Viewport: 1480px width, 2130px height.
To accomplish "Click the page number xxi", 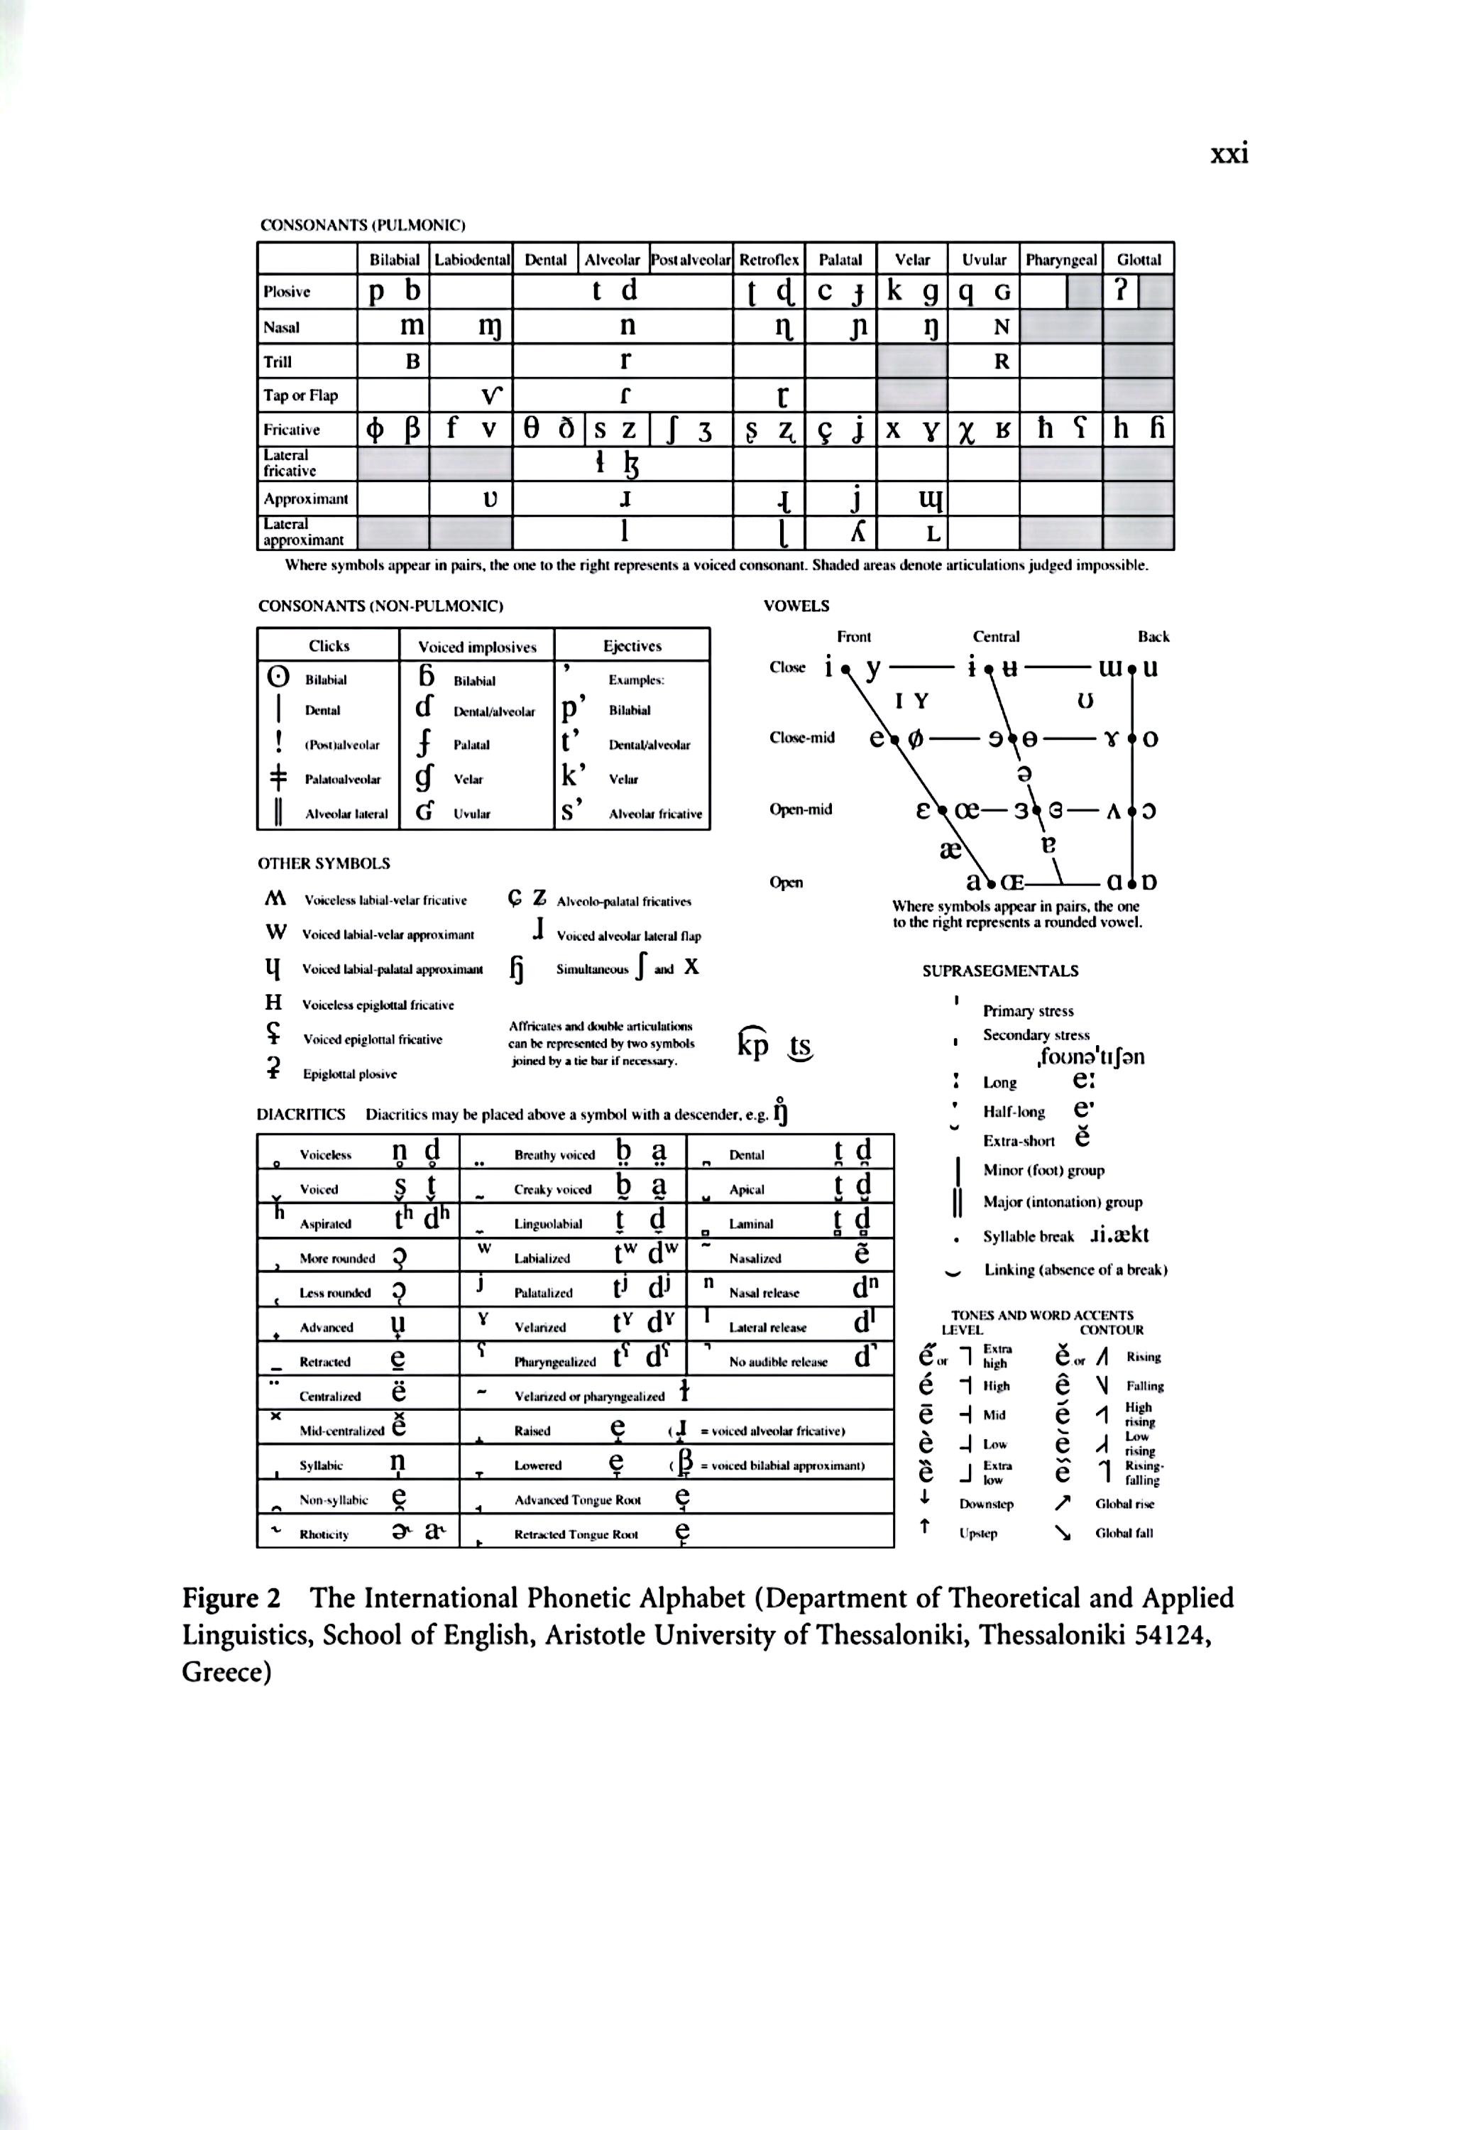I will (x=1229, y=153).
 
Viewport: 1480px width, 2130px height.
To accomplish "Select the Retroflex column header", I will (x=769, y=260).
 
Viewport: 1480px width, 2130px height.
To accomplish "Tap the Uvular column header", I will (x=983, y=260).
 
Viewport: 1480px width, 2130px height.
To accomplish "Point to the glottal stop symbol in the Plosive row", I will (x=1120, y=291).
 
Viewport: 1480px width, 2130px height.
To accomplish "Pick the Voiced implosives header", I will (x=476, y=646).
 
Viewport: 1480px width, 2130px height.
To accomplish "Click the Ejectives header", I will (x=632, y=646).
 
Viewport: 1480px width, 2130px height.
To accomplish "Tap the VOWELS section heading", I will (x=796, y=606).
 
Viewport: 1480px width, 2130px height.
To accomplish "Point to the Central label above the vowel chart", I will (x=996, y=636).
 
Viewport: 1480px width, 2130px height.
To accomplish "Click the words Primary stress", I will (x=1027, y=1011).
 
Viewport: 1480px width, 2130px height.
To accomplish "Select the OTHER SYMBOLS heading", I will (x=324, y=863).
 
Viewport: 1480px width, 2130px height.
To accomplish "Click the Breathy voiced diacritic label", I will (x=554, y=1155).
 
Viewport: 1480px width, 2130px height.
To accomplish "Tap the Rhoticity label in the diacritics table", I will (x=324, y=1535).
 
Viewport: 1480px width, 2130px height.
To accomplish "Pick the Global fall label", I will (x=1124, y=1533).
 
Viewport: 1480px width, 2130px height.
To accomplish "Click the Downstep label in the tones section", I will (x=986, y=1504).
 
